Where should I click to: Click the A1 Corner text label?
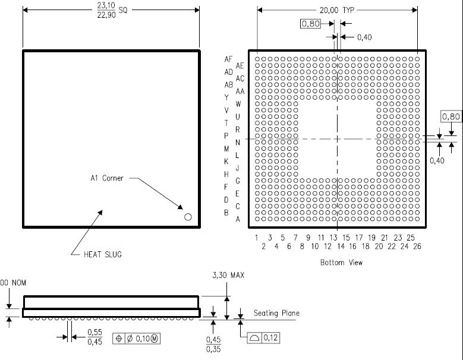[x=106, y=178]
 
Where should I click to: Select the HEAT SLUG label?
[x=102, y=254]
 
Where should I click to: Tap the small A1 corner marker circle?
[x=188, y=217]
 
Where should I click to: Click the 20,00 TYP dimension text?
[x=336, y=10]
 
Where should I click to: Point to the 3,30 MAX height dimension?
[x=228, y=275]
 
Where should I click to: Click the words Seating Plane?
[x=276, y=313]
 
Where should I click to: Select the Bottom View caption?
[x=341, y=263]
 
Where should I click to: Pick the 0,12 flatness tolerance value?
[x=270, y=337]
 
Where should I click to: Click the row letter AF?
[x=228, y=59]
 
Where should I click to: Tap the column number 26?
[x=417, y=247]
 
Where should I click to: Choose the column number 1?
[x=257, y=238]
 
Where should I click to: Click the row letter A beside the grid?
[x=238, y=219]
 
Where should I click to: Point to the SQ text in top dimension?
[x=123, y=10]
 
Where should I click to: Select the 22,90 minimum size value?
[x=106, y=15]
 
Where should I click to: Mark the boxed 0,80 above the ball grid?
[x=311, y=24]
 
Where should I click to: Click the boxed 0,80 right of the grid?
[x=451, y=116]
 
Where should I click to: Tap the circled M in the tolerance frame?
[x=155, y=339]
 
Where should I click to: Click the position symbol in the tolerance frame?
[x=119, y=339]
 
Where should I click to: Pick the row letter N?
[x=237, y=143]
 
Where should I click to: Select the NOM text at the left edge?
[x=19, y=283]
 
